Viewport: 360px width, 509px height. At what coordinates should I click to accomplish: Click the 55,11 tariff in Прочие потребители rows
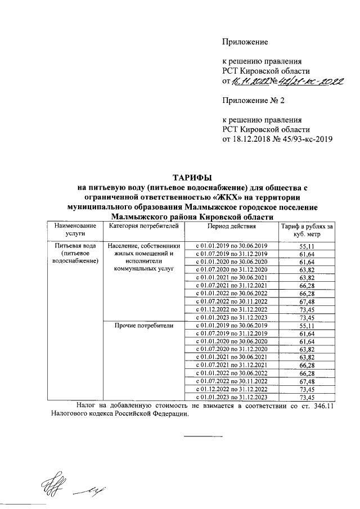pos(307,326)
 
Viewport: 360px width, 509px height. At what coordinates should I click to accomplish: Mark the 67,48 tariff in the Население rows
pos(307,301)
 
